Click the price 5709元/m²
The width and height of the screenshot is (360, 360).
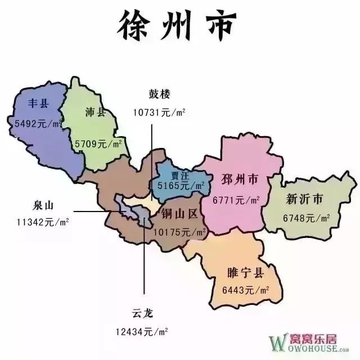click(x=99, y=144)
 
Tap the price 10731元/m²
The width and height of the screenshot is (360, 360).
click(x=159, y=112)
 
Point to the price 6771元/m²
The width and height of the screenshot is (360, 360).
click(x=236, y=200)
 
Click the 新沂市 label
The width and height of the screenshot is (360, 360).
click(x=304, y=199)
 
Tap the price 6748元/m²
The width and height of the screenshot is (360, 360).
click(x=307, y=217)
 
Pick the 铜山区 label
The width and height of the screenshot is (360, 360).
click(x=180, y=214)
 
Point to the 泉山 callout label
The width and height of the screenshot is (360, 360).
click(x=46, y=205)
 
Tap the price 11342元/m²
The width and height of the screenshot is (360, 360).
click(x=43, y=222)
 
